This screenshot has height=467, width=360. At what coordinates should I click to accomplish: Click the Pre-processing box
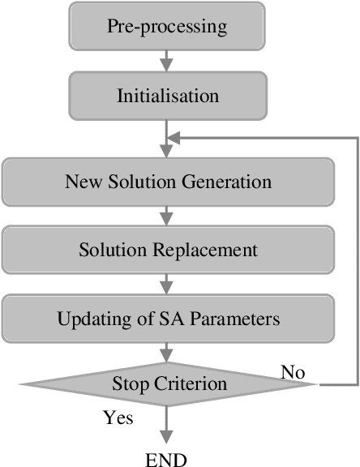click(168, 25)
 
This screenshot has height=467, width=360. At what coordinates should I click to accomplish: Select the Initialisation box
click(168, 95)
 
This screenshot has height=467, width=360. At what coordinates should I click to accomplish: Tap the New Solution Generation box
click(168, 181)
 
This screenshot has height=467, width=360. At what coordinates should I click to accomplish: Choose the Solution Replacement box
click(168, 250)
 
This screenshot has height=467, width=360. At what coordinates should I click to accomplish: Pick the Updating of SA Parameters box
click(168, 319)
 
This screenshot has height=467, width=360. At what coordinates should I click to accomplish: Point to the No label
click(293, 372)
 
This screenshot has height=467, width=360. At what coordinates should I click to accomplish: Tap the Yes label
click(118, 419)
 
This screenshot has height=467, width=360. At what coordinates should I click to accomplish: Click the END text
click(166, 460)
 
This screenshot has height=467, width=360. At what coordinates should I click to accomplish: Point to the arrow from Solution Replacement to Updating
click(168, 284)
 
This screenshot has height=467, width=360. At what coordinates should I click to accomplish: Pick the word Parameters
click(242, 319)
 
